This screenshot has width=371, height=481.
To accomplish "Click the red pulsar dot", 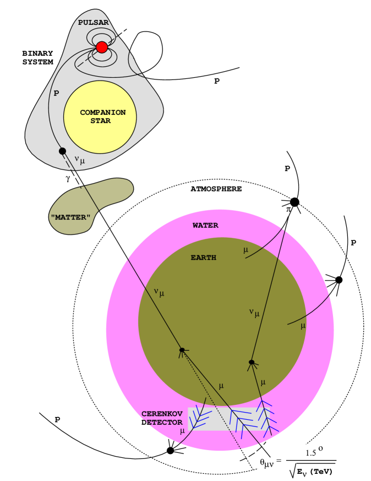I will [x=102, y=47].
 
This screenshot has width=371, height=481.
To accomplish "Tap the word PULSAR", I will [x=94, y=23].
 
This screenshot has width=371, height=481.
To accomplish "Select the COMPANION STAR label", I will [x=103, y=116].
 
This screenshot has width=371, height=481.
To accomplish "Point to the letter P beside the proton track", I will [x=56, y=93].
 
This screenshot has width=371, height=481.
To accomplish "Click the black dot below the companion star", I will [x=62, y=151].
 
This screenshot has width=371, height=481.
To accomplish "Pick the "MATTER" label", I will [x=70, y=217].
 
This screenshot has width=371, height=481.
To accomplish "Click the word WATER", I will [x=205, y=225].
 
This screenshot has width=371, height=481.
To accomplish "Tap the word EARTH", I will [x=203, y=258].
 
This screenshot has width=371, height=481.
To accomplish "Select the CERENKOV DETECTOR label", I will [x=162, y=418].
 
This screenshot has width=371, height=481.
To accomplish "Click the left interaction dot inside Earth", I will [x=182, y=350].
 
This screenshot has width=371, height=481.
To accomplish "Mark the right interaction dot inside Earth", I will [x=252, y=362].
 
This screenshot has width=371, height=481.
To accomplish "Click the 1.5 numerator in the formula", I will [x=312, y=453].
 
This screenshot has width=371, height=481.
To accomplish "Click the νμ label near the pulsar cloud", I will [x=80, y=161].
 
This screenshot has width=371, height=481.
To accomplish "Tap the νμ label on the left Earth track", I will [x=159, y=292].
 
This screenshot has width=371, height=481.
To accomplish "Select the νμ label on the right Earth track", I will [x=254, y=313].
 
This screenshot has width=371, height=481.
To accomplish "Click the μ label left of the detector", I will [x=182, y=431].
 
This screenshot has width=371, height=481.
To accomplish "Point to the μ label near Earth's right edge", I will [x=303, y=326].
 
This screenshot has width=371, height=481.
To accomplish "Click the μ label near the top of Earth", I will [x=245, y=250].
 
